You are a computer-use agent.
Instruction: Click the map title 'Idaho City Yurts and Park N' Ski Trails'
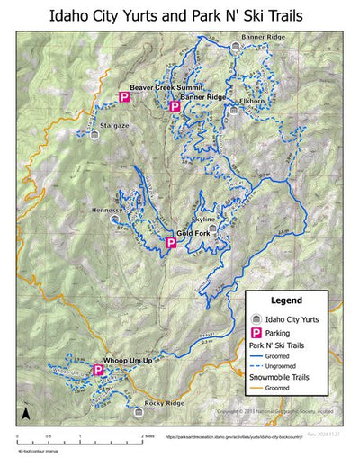179,15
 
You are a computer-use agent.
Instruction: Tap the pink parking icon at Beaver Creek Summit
125,97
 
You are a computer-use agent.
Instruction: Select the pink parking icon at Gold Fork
169,243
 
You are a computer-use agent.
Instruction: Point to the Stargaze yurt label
115,125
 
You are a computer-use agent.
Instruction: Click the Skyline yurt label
203,219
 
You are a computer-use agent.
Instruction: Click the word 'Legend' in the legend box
284,300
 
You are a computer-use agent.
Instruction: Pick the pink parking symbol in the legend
256,332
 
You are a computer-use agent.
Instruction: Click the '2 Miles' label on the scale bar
148,435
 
